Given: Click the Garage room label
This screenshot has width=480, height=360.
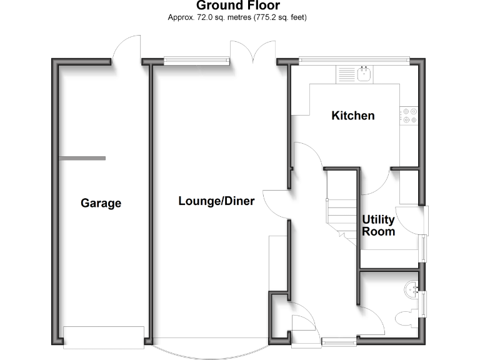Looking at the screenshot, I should click(x=101, y=203).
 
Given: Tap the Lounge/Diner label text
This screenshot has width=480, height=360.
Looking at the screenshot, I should click(x=216, y=201).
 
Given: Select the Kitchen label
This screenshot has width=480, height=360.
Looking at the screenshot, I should click(x=353, y=116).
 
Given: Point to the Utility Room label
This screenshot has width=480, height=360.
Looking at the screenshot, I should click(x=379, y=226).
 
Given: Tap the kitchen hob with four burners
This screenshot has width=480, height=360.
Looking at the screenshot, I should click(x=410, y=115).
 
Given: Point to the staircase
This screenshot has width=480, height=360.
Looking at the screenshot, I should click(x=341, y=206).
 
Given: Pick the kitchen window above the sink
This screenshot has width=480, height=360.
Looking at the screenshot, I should click(x=354, y=61).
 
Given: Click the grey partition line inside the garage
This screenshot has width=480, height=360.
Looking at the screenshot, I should click(x=82, y=158).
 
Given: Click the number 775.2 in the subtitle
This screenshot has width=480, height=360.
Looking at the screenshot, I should click(x=265, y=17).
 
